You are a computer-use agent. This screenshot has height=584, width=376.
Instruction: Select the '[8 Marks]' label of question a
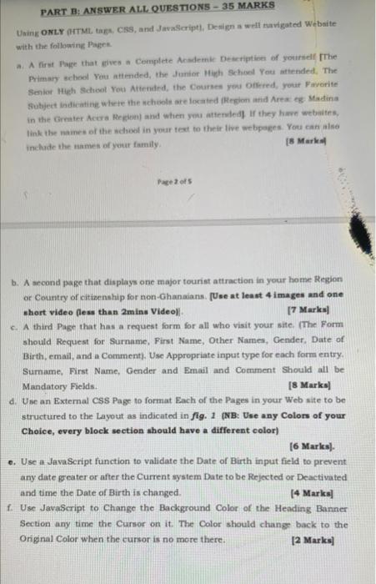pos(338,142)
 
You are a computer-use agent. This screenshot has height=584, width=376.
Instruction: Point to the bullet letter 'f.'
pos(8,506)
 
